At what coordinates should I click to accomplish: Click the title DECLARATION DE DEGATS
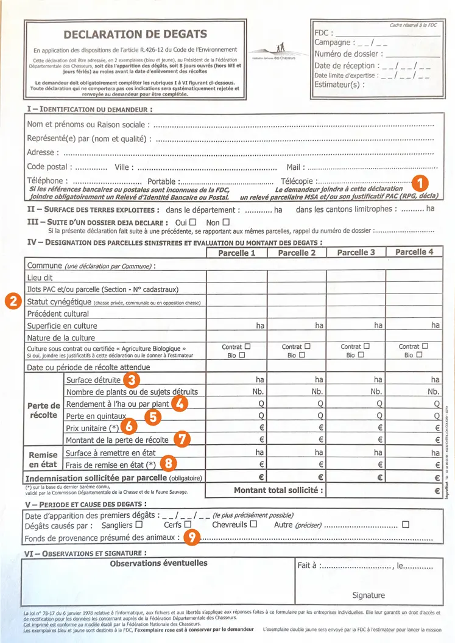point(135,34)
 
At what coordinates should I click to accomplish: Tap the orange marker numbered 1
point(420,182)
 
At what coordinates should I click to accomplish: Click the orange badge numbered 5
point(154,416)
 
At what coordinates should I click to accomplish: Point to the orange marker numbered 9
point(192,538)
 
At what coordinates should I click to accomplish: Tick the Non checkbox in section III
point(226,222)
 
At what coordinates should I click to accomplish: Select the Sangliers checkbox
point(139,524)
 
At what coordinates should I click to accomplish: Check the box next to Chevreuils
point(253,524)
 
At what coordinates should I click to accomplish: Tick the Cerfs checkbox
point(188,524)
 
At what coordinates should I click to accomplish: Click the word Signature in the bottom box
point(369,595)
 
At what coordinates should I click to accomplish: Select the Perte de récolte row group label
point(43,410)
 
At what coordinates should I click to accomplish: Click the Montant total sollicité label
point(278,490)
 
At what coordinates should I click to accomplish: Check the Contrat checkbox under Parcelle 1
point(247,346)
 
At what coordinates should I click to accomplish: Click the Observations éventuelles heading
point(158,563)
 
